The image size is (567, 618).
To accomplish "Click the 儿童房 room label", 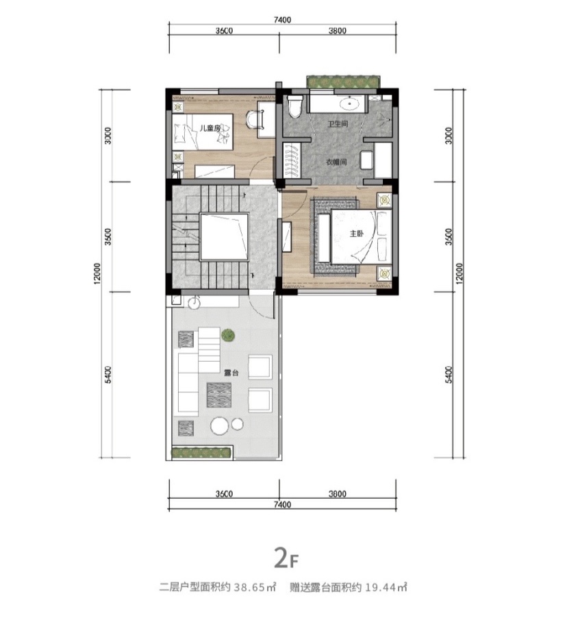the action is pyautogui.click(x=210, y=128).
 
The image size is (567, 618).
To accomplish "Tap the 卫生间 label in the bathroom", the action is pyautogui.click(x=338, y=124).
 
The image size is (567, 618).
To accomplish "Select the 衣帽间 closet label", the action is pyautogui.click(x=336, y=162).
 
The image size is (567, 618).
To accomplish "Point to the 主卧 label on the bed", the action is pyautogui.click(x=356, y=234).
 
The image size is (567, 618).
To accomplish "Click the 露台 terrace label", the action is pyautogui.click(x=231, y=373).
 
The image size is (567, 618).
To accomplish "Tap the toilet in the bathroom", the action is pyautogui.click(x=294, y=106).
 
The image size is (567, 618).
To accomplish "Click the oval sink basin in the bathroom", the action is pyautogui.click(x=349, y=104).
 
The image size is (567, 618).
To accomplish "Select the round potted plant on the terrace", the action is pyautogui.click(x=227, y=336).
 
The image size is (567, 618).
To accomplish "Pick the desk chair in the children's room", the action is pyautogui.click(x=254, y=119).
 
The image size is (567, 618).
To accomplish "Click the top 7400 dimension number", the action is pyautogui.click(x=283, y=20).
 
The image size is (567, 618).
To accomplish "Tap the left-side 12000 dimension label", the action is pyautogui.click(x=98, y=273).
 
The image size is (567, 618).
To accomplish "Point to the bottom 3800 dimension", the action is pyautogui.click(x=338, y=494).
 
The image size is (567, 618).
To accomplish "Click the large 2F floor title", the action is pyautogui.click(x=286, y=559).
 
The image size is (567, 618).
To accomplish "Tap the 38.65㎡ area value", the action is pyautogui.click(x=255, y=588).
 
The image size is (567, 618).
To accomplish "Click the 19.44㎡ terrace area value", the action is pyautogui.click(x=386, y=588).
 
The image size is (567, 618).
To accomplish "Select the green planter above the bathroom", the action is pyautogui.click(x=344, y=82).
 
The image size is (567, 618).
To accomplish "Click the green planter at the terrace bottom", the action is pyautogui.click(x=201, y=452).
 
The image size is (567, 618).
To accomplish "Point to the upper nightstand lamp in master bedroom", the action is pyautogui.click(x=384, y=200).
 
